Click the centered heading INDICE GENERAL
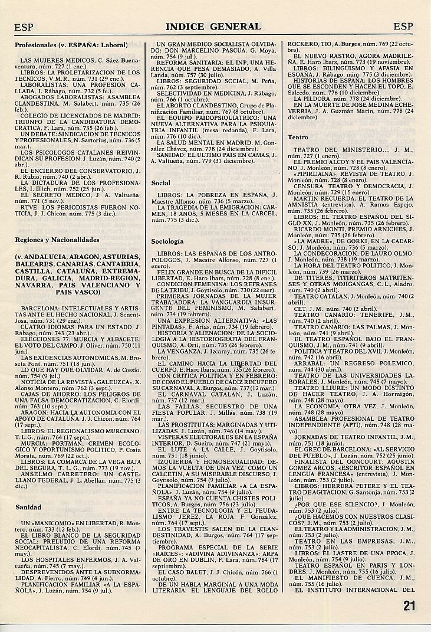[213, 27]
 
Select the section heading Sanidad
[28, 507]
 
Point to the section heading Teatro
[298, 137]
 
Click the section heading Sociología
[167, 241]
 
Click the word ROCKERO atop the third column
[301, 44]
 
